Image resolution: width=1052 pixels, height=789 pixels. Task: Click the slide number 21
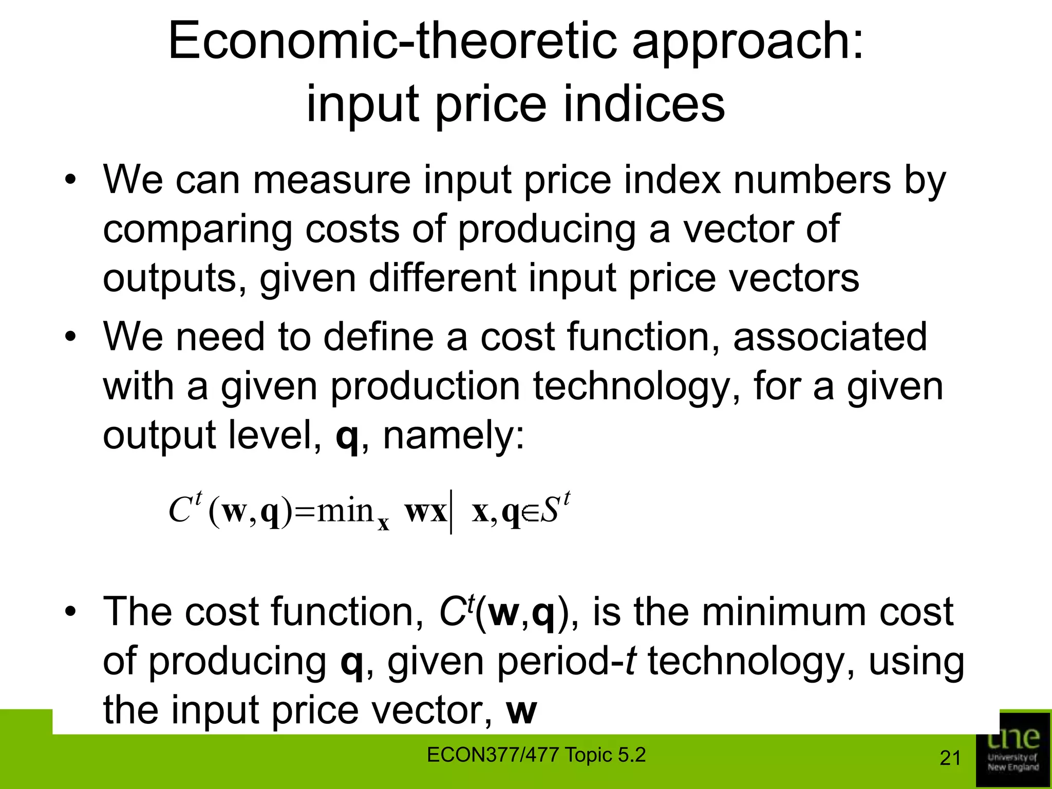[x=950, y=758]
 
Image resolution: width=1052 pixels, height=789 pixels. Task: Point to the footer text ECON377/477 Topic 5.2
[x=536, y=755]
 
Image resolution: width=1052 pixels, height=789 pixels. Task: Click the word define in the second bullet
[x=378, y=337]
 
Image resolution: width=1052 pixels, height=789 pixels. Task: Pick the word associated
[x=830, y=337]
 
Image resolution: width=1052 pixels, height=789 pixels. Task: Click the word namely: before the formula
[x=454, y=435]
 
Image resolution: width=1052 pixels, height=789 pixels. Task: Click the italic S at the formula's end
[x=550, y=511]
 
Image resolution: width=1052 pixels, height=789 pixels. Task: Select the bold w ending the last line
[x=521, y=711]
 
